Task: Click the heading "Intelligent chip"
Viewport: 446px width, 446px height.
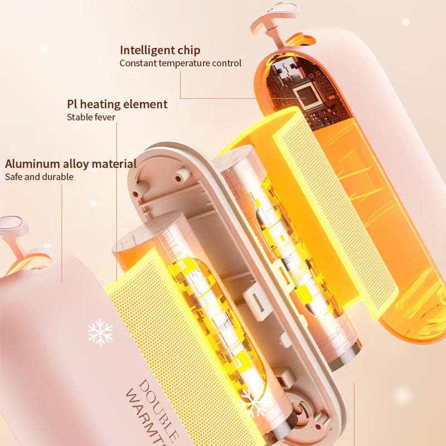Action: click(160, 50)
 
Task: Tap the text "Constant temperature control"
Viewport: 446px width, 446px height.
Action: click(181, 63)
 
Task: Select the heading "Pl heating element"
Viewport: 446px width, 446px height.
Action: click(117, 104)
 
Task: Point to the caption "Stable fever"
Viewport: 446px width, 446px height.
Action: click(91, 117)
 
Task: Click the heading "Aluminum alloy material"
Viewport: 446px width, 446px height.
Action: click(71, 164)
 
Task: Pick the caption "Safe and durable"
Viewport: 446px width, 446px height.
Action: click(39, 177)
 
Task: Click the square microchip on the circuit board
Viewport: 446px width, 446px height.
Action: click(307, 95)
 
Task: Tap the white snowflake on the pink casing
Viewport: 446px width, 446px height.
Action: click(100, 332)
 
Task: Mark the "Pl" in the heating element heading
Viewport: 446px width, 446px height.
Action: click(73, 104)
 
